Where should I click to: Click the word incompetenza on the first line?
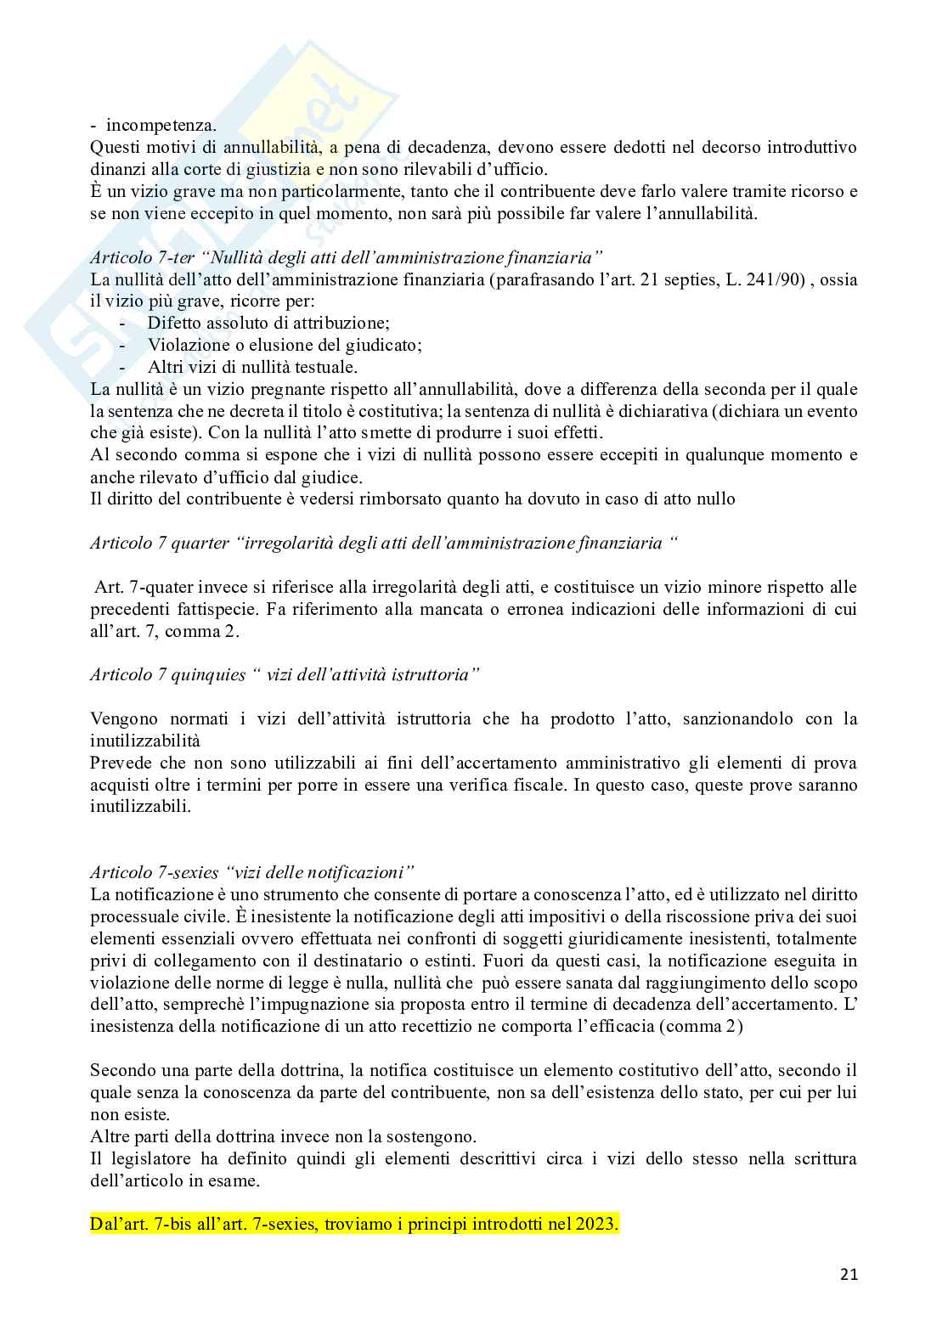(x=159, y=125)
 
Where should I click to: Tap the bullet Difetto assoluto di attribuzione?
(x=268, y=324)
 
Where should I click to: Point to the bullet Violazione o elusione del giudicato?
(x=285, y=346)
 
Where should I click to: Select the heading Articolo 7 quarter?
(x=384, y=543)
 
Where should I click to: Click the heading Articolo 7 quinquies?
(x=285, y=674)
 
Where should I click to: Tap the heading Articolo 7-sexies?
(x=252, y=872)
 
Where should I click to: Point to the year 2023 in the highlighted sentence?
(x=599, y=1225)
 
